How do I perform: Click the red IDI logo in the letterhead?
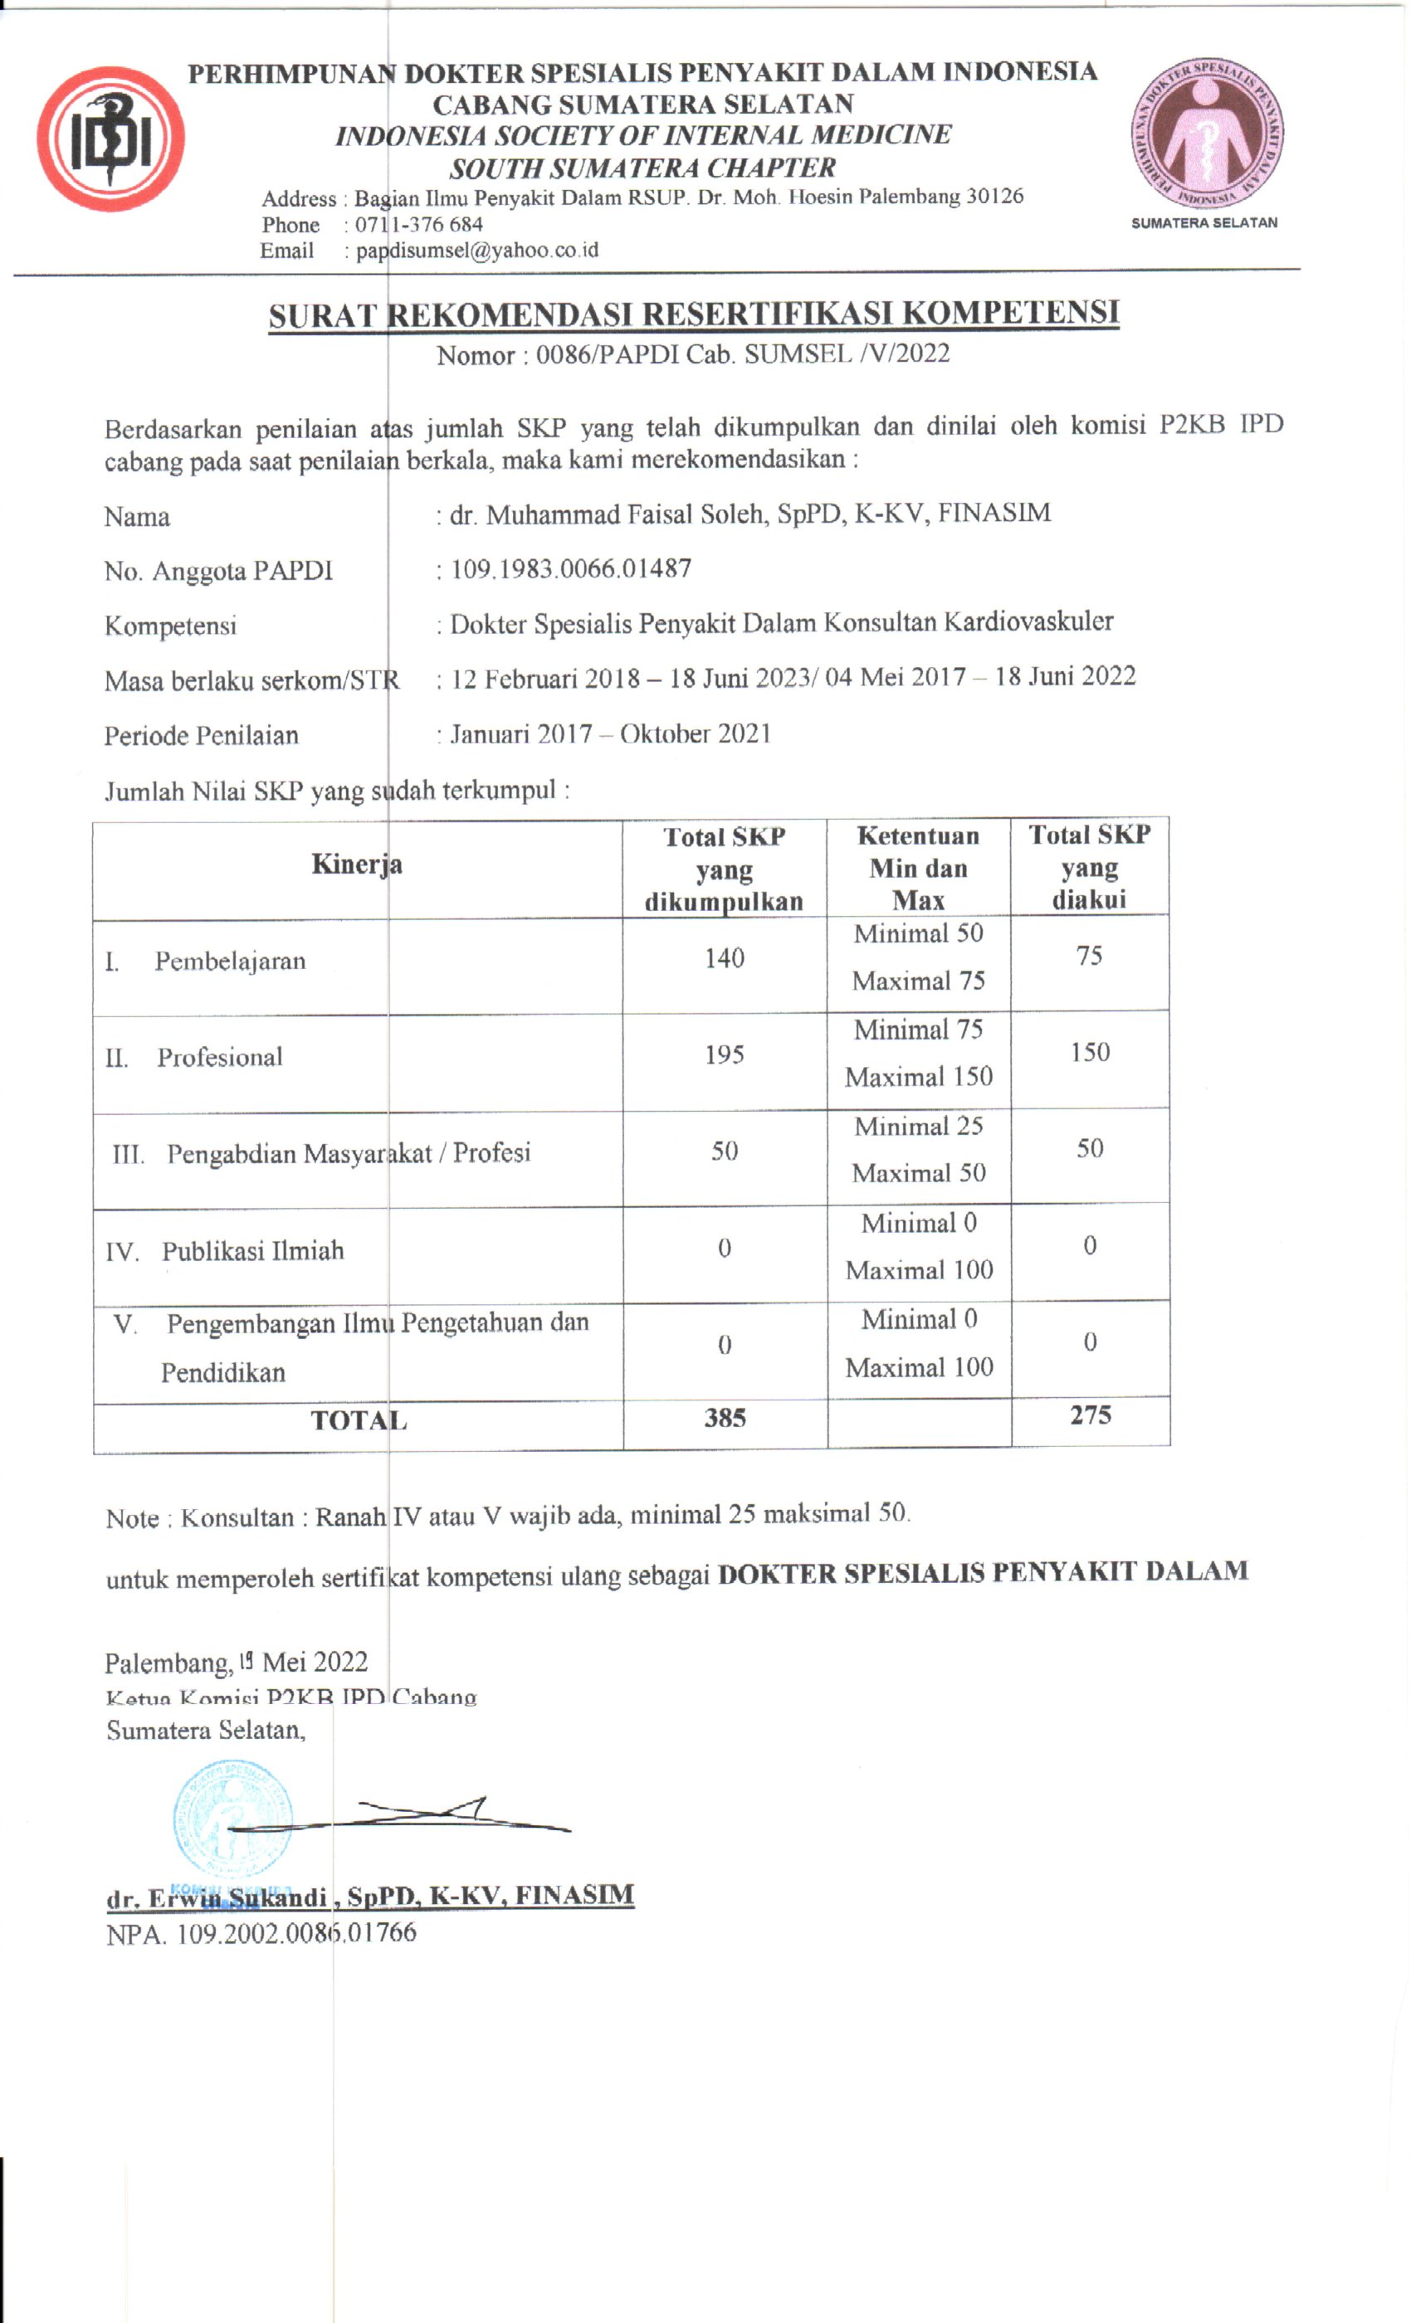(110, 139)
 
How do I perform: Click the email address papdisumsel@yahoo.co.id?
(476, 251)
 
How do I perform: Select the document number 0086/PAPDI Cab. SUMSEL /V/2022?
(742, 353)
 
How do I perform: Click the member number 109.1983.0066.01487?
(571, 568)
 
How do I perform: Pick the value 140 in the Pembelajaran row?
(724, 959)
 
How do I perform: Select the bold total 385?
(725, 1418)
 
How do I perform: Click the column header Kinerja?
(357, 864)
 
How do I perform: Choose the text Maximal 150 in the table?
(919, 1077)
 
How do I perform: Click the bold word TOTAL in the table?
(359, 1420)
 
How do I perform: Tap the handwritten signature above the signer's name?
(424, 1816)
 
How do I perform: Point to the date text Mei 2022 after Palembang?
(314, 1662)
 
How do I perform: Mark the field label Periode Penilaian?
(201, 735)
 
